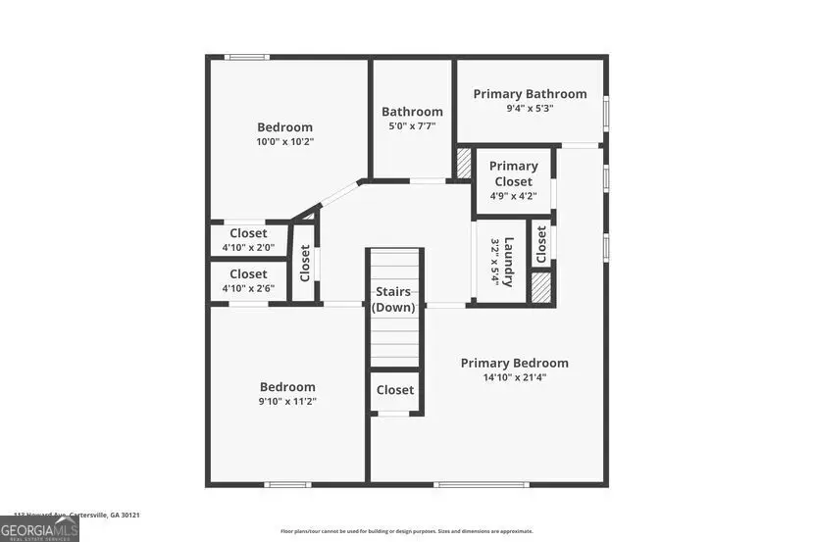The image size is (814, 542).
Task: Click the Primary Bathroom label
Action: pyautogui.click(x=530, y=94)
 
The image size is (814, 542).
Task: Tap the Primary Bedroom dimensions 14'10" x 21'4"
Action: pyautogui.click(x=514, y=377)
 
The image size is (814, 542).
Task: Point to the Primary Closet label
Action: pyautogui.click(x=513, y=173)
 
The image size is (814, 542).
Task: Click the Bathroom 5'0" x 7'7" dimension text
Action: pyautogui.click(x=412, y=126)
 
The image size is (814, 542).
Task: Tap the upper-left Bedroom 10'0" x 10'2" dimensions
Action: pyautogui.click(x=284, y=141)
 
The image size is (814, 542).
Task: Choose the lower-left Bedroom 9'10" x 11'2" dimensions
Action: pyautogui.click(x=286, y=401)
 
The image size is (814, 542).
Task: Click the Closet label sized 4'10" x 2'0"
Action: pyautogui.click(x=248, y=233)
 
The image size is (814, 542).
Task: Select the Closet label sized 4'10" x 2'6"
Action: pyautogui.click(x=248, y=274)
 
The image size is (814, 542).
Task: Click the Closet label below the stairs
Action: pyautogui.click(x=395, y=390)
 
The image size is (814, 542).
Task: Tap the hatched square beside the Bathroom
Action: pyautogui.click(x=464, y=163)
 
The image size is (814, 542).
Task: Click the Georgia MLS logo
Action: pyautogui.click(x=39, y=529)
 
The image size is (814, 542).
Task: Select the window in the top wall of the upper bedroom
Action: pyautogui.click(x=247, y=57)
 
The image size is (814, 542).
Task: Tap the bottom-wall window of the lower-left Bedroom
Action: pyautogui.click(x=288, y=484)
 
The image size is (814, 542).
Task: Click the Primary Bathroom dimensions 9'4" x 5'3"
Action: pyautogui.click(x=530, y=109)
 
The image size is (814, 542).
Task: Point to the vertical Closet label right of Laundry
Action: pyautogui.click(x=540, y=244)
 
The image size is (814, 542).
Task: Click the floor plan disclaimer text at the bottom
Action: pyautogui.click(x=407, y=531)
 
